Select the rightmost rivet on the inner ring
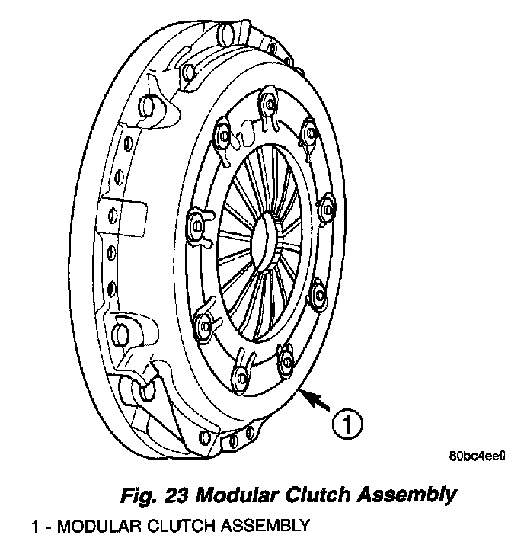[x=327, y=205]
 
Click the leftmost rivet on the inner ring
[x=196, y=226]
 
